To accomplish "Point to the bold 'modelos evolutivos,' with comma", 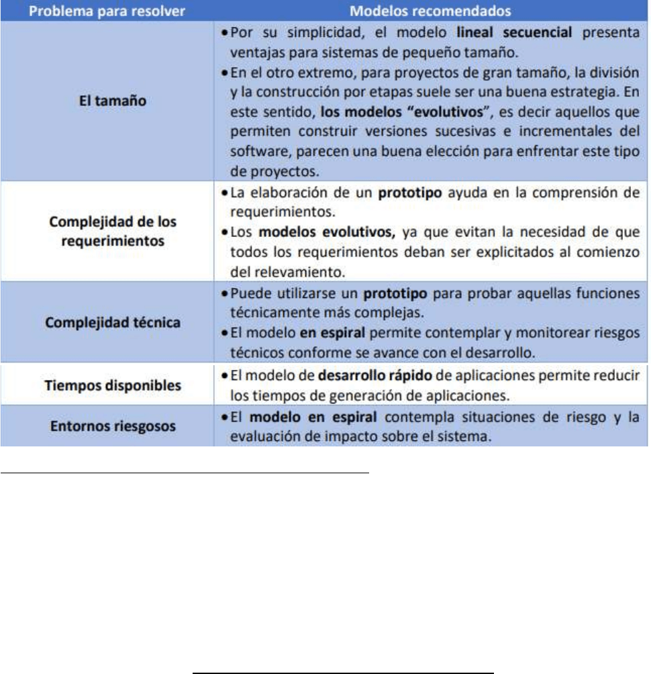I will [325, 230].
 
